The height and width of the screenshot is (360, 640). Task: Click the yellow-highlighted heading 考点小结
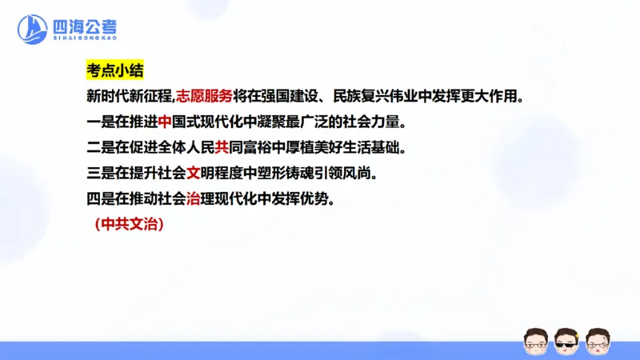(x=114, y=70)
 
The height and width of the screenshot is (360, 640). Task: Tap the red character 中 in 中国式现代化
(x=166, y=122)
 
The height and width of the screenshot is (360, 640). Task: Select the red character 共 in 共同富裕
(x=222, y=148)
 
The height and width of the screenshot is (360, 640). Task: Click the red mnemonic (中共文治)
(x=129, y=225)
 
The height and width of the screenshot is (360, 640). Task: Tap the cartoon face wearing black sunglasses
(x=566, y=342)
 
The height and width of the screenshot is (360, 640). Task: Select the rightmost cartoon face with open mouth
(x=598, y=342)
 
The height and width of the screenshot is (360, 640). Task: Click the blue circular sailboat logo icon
(x=33, y=30)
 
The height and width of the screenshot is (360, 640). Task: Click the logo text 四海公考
(x=83, y=25)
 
